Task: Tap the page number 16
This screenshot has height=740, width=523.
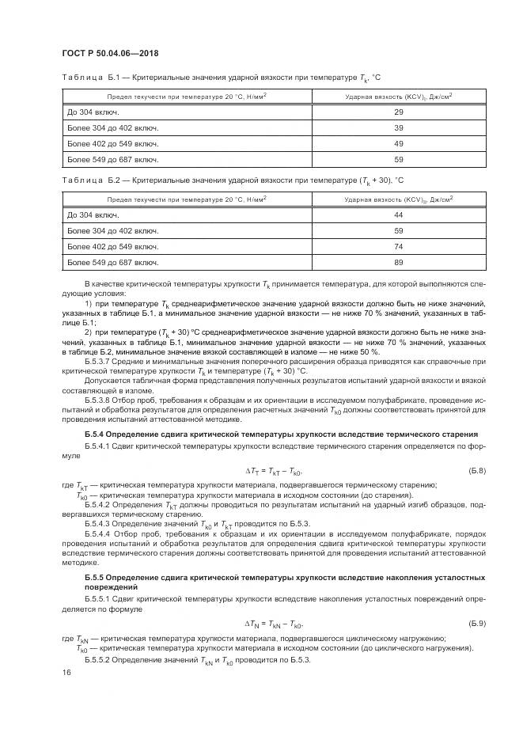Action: [66, 671]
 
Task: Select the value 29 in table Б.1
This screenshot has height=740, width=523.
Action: [399, 112]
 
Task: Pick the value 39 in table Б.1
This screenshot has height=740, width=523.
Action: [399, 128]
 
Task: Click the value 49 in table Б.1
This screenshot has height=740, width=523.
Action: [399, 144]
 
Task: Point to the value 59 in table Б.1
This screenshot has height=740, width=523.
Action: [399, 160]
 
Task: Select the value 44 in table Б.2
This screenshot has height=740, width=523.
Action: [399, 215]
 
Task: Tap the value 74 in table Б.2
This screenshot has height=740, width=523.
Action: [399, 246]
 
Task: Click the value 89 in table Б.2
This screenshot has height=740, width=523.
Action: [399, 262]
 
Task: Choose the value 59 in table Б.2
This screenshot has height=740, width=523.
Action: [399, 231]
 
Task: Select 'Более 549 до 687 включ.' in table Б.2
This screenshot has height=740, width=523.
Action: [113, 262]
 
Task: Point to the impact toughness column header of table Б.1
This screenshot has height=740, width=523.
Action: [399, 97]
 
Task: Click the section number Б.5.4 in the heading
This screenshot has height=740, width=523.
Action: [94, 435]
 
